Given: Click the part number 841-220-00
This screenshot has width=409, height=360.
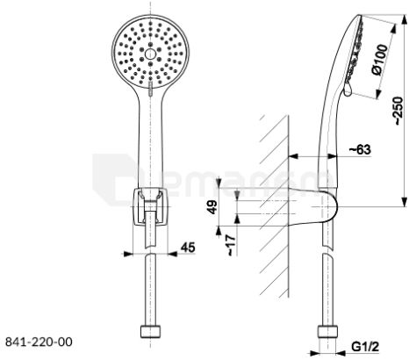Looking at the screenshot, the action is [39, 342].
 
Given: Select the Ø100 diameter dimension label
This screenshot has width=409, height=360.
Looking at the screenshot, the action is [379, 60].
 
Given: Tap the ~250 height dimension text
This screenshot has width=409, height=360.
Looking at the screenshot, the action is [398, 111].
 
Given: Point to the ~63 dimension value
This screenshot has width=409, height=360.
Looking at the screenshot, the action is [360, 149].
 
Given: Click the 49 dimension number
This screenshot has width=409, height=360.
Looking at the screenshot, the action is [213, 207].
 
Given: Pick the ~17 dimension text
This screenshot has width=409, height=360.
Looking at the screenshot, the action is [231, 245].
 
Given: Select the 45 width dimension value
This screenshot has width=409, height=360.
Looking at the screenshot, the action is [188, 248].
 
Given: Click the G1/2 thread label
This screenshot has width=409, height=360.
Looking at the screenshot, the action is [365, 347].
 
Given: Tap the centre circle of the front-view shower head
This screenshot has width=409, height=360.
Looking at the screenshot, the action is [150, 54].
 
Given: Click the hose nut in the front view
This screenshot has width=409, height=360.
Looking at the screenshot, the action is [150, 331].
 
